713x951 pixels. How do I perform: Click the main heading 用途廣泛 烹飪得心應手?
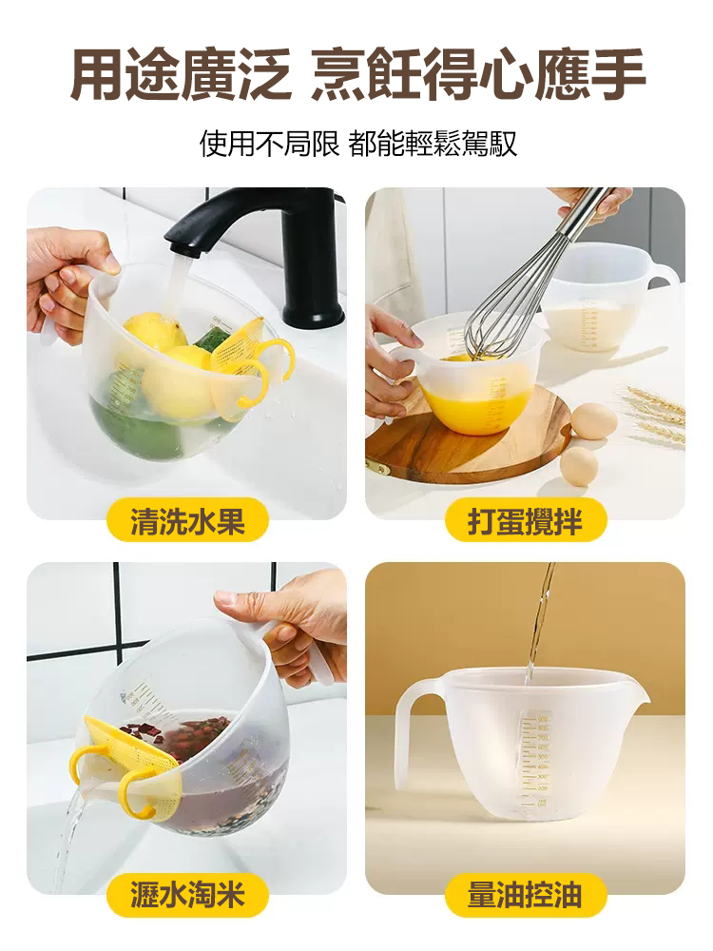tap(357, 75)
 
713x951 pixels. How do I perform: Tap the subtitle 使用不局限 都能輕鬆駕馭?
tap(357, 144)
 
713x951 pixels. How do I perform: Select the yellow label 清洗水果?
tap(187, 520)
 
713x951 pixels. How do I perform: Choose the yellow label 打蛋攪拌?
tap(525, 520)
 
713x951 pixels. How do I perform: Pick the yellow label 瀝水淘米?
tap(187, 895)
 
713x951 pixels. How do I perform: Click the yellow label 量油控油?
tap(525, 895)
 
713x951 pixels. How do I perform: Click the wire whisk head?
tap(509, 304)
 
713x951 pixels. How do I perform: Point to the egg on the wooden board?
tap(594, 421)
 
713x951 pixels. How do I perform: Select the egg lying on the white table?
tap(578, 466)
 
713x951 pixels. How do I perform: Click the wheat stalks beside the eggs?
tap(656, 414)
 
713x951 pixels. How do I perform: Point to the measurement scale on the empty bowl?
tap(537, 761)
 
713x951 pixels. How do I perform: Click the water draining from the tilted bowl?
tap(71, 837)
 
